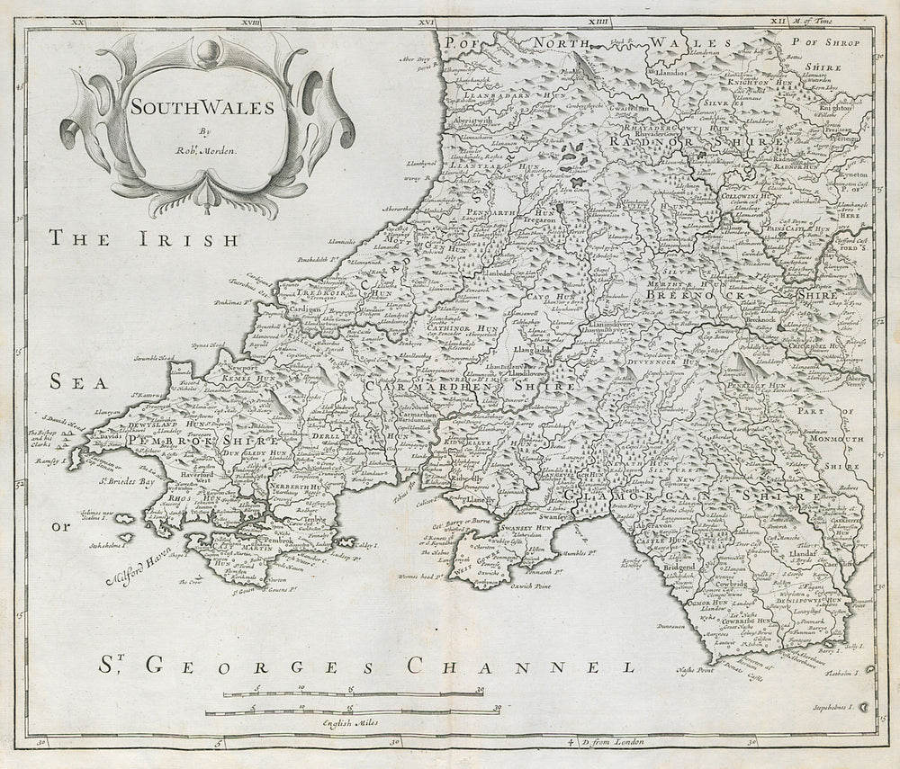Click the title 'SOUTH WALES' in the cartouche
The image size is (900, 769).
coord(202,106)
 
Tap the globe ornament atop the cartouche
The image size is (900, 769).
coord(206,50)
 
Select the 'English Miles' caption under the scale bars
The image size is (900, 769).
coord(354,722)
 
